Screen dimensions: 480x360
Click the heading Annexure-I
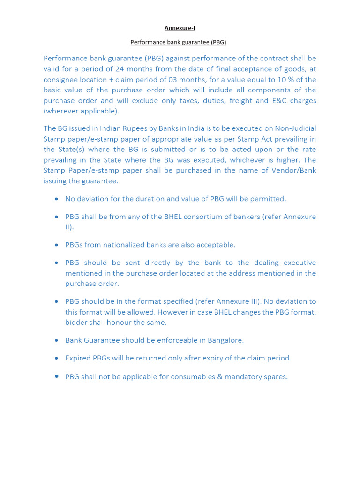(180, 28)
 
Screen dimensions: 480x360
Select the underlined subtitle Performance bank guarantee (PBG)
(178, 42)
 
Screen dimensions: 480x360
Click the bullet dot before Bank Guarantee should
(56, 340)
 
